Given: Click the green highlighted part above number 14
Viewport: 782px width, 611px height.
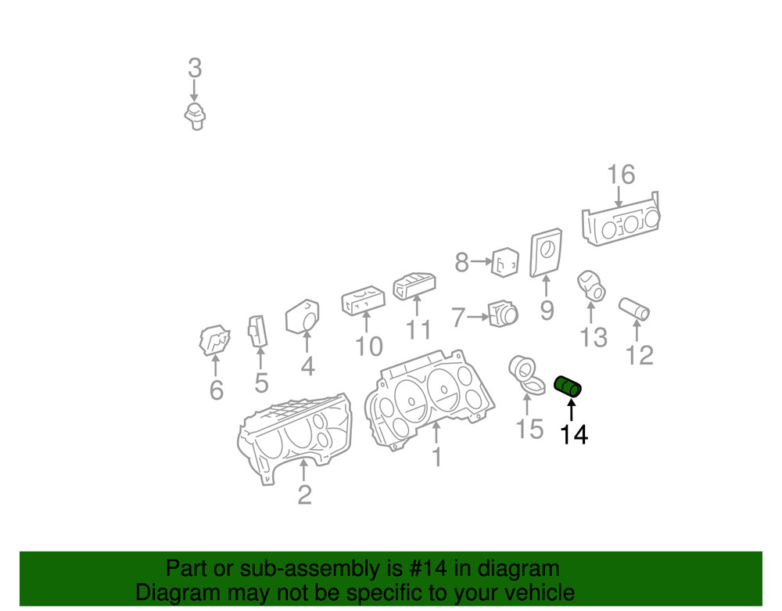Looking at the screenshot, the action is coord(568,386).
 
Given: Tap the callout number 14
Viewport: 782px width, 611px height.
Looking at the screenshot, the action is coord(574,435).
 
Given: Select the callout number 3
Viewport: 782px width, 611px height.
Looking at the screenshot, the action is coord(195,68).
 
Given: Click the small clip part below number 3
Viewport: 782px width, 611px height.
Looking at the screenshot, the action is coord(195,117).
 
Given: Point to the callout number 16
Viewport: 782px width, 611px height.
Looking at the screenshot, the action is coord(621,174).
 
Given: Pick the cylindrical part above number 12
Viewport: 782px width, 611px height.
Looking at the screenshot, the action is coord(634,309).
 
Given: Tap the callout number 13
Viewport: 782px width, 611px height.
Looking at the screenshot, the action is coord(594,337).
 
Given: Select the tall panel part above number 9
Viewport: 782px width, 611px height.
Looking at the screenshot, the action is coord(546,253).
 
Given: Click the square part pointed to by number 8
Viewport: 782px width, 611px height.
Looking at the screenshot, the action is coord(505,262).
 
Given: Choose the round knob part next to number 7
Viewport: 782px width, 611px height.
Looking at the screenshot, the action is coord(504,314).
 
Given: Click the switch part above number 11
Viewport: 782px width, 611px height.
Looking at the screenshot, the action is coord(414,286).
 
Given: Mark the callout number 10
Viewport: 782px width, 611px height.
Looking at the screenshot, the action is coord(368,346).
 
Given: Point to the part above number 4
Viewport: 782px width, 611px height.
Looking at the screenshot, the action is coord(303,317).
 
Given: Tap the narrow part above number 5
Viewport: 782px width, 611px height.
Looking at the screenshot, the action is coord(257,331).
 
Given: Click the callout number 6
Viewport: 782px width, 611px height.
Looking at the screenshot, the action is coord(216,390).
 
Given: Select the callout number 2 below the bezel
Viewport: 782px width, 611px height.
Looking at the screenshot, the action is coord(305,494).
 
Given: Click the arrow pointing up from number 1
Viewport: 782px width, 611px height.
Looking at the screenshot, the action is coord(436,432).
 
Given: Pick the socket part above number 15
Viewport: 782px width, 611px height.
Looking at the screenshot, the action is coord(526,375).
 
